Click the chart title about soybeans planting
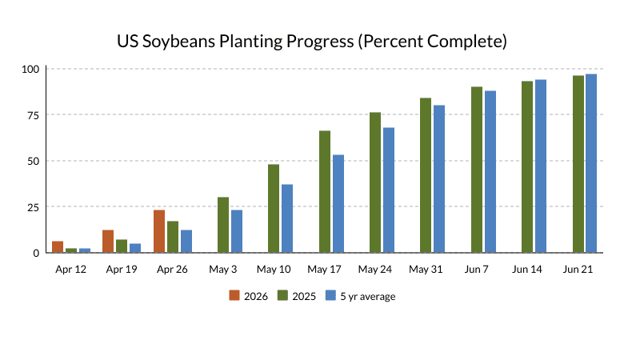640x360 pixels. click(312, 41)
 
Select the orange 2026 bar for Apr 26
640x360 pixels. click(159, 231)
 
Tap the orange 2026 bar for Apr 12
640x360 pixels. click(58, 246)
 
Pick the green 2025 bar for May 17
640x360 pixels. click(325, 192)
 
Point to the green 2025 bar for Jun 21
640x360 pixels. click(578, 164)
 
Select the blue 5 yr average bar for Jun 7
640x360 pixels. click(490, 172)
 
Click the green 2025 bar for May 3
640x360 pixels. click(223, 225)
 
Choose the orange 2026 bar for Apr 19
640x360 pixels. click(108, 242)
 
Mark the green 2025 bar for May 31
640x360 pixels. click(426, 175)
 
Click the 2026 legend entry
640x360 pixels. click(250, 296)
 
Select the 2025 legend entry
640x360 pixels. click(297, 296)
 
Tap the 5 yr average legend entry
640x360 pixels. click(359, 296)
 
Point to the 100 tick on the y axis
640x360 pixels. click(30, 69)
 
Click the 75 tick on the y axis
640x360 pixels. click(33, 114)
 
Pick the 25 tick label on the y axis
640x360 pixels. click(33, 207)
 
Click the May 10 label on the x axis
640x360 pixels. click(274, 270)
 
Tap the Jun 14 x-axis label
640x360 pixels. click(527, 270)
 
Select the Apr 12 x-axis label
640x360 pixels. click(71, 270)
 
